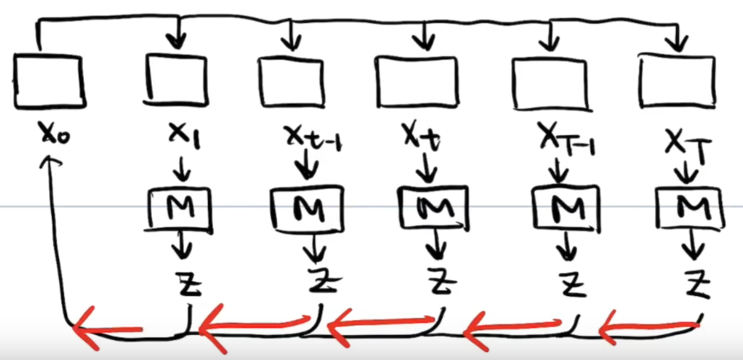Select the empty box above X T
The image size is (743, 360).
point(678,80)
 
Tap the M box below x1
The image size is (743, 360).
point(181,208)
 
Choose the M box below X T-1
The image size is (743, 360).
point(566,209)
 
